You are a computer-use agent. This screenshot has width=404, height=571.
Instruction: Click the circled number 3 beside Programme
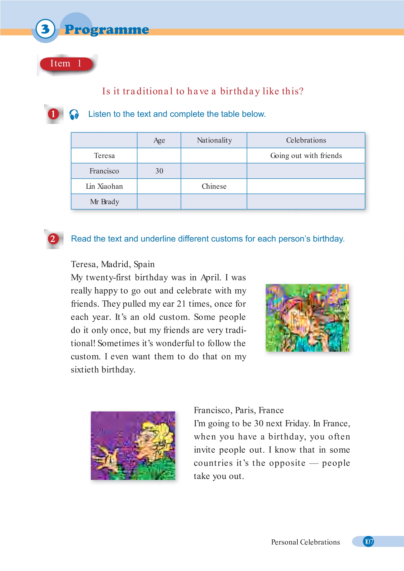[x=45, y=29]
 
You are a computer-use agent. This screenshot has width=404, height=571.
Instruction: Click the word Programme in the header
[x=107, y=30]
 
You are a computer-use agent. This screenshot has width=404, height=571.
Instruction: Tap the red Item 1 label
[x=66, y=64]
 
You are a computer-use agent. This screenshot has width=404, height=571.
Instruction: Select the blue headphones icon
[x=74, y=114]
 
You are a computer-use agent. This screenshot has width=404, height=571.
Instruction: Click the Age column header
[x=159, y=140]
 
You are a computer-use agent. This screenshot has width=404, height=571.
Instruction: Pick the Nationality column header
[x=214, y=140]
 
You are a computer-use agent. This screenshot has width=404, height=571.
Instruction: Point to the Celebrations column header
[x=306, y=140]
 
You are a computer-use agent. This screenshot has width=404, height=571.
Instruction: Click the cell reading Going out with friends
[x=306, y=156]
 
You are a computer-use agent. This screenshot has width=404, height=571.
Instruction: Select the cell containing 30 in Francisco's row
[x=159, y=171]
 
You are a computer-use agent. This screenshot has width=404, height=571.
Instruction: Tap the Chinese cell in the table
[x=214, y=186]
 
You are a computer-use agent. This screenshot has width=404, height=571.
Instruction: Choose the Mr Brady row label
[x=104, y=202]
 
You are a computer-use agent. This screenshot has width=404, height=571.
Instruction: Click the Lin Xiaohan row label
[x=104, y=186]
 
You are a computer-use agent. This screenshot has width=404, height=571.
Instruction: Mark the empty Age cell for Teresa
[x=159, y=156]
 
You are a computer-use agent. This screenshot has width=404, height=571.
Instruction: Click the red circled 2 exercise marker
[x=53, y=239]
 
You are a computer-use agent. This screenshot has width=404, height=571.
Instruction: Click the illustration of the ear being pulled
[x=307, y=318]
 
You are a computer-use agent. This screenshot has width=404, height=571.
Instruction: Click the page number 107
[x=368, y=542]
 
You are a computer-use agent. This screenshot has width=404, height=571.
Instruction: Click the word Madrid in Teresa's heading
[x=115, y=264]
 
